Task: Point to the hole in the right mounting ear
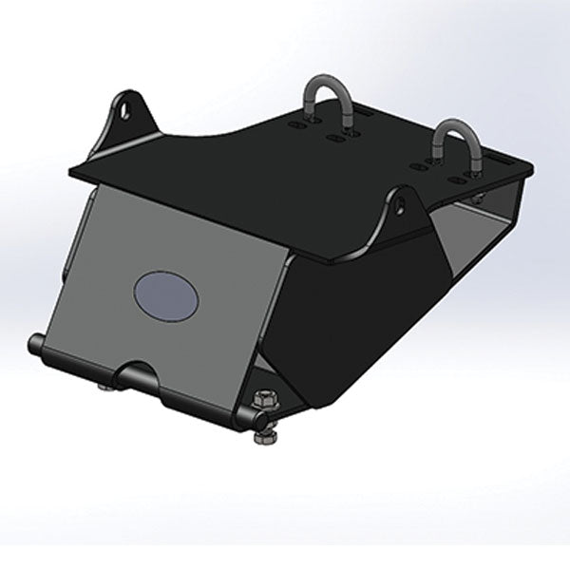[399, 202]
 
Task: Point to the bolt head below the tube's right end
[265, 435]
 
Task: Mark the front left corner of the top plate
[74, 172]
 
